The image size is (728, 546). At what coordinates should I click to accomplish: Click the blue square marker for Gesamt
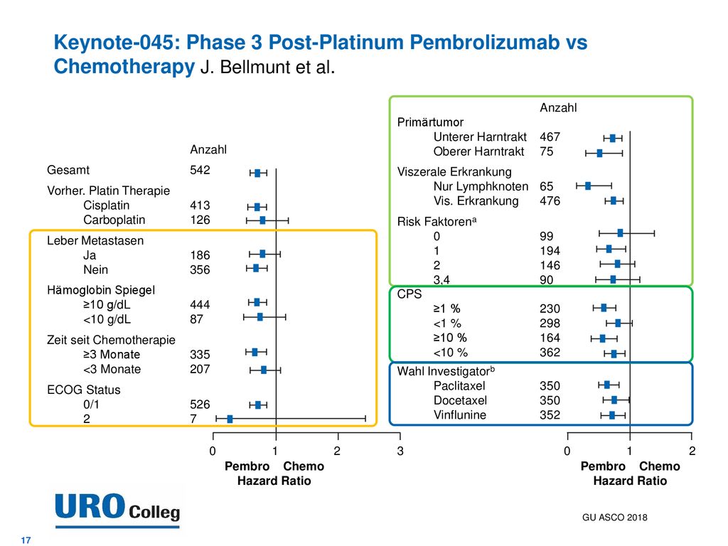(257, 173)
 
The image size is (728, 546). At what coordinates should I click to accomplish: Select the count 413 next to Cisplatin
(200, 205)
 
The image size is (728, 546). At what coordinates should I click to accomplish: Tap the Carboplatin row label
(114, 220)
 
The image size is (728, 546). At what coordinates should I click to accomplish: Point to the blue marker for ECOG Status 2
(230, 419)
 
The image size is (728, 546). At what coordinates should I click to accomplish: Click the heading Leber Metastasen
(95, 240)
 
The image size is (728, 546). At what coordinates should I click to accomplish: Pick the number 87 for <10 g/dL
(196, 319)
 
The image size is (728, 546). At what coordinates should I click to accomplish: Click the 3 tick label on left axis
(400, 451)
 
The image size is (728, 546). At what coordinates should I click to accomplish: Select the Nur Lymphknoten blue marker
(588, 186)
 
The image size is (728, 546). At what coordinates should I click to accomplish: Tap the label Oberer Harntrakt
(478, 151)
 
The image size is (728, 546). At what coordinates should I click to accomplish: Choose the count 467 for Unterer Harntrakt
(550, 137)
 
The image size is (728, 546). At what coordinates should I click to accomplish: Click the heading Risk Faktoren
(437, 222)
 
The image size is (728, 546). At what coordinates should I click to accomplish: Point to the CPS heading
(409, 294)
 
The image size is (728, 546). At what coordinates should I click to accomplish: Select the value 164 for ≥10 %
(550, 338)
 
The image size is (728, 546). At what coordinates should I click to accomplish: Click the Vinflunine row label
(460, 415)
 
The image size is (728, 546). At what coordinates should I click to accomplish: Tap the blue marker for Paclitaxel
(607, 385)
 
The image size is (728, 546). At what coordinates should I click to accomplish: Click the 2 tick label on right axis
(692, 451)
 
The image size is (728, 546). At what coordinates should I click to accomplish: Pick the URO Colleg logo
(117, 510)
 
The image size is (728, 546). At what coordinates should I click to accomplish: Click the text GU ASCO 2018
(615, 518)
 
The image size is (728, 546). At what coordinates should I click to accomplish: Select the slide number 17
(26, 540)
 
